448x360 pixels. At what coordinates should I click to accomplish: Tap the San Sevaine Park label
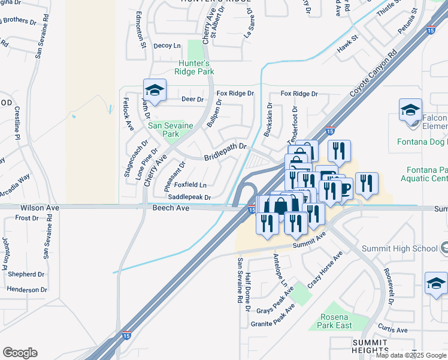click(x=163, y=130)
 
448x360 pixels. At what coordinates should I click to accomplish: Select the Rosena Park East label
click(x=335, y=321)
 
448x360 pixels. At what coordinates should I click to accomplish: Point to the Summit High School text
click(x=400, y=248)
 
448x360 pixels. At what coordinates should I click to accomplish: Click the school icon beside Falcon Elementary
click(x=411, y=112)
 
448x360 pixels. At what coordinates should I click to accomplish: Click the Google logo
click(x=20, y=353)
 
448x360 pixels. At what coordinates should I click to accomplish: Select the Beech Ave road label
click(x=171, y=208)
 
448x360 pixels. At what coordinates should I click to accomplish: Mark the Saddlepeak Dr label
click(x=189, y=197)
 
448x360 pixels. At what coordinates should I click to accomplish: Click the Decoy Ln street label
click(x=167, y=46)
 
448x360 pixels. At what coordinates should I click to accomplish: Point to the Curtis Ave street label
click(x=393, y=330)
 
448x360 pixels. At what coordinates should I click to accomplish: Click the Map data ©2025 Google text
click(x=411, y=355)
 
